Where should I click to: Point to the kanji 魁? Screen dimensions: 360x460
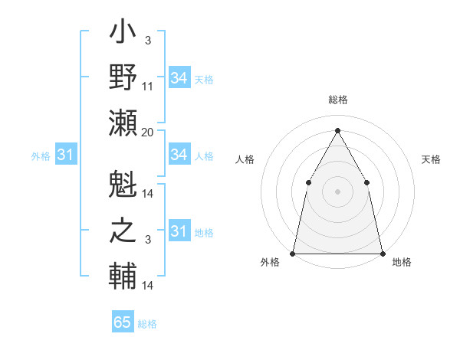click(x=123, y=185)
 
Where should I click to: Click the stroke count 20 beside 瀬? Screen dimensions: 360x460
click(x=148, y=133)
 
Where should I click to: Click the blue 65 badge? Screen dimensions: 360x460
click(x=123, y=322)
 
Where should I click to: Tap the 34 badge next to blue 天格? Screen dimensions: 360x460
click(x=179, y=78)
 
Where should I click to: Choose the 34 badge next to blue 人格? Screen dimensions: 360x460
click(x=179, y=155)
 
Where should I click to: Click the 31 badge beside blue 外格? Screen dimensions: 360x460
click(x=65, y=155)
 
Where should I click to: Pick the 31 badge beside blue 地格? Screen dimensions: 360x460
click(x=179, y=231)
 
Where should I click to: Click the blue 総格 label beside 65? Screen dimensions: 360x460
click(x=148, y=323)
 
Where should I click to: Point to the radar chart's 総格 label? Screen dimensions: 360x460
click(x=337, y=100)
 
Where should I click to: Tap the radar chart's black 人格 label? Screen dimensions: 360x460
click(x=245, y=159)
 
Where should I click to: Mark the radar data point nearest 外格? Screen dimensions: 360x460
click(x=293, y=253)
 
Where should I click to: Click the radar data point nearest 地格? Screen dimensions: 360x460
click(x=382, y=253)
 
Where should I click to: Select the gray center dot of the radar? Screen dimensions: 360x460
click(x=337, y=191)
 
